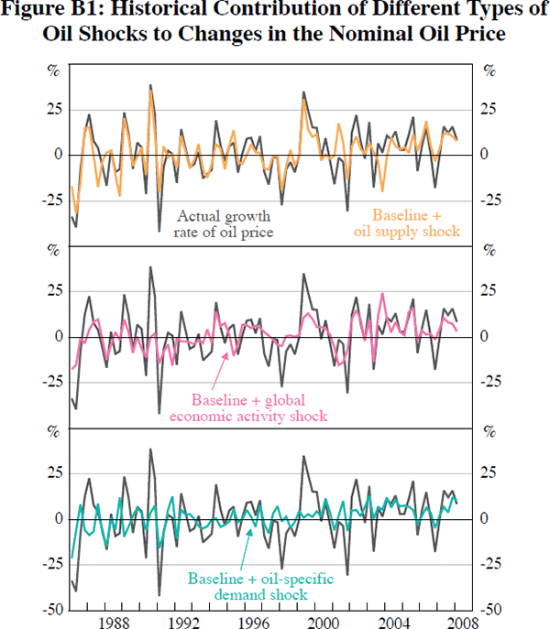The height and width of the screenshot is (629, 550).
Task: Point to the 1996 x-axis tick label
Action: tap(253, 622)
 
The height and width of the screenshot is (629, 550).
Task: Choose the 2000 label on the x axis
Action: tap(323, 622)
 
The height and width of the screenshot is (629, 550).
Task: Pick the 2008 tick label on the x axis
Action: tap(462, 622)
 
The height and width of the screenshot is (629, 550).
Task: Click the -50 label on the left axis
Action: tap(53, 609)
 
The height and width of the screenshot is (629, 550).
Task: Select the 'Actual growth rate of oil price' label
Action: tap(224, 224)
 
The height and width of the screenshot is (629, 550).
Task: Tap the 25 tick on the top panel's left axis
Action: tap(55, 110)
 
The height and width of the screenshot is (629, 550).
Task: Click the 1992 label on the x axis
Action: tap(183, 622)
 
